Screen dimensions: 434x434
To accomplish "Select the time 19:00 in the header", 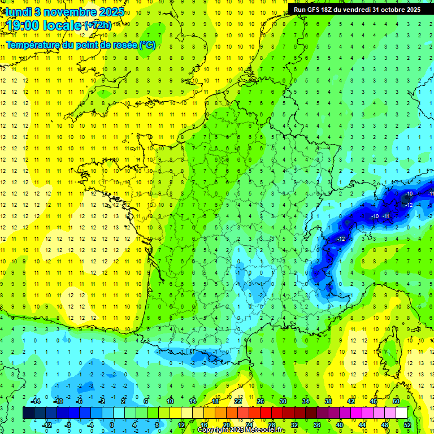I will click(25, 25).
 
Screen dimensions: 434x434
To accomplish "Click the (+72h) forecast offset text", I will click(97, 25).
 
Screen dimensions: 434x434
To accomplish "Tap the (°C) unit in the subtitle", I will click(147, 45).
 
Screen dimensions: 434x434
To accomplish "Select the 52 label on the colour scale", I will click(407, 424).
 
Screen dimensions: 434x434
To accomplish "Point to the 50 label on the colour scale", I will click(396, 401).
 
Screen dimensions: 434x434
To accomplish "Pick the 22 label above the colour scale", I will click(238, 401).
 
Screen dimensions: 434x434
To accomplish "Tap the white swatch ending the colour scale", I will click(401, 413).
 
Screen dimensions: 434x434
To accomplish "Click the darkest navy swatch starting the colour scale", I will click(28, 413).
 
